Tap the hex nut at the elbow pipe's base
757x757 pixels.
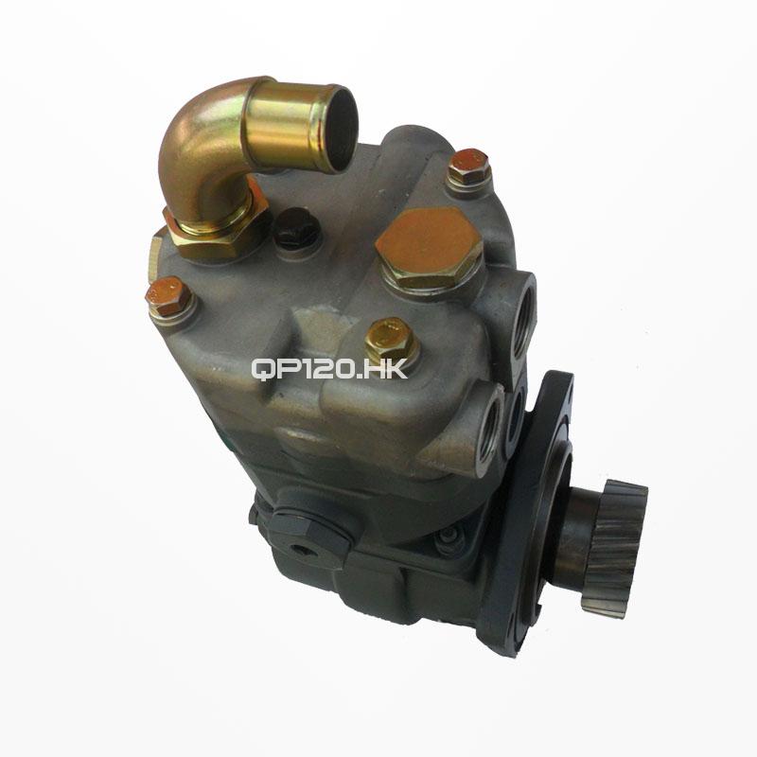[215, 232]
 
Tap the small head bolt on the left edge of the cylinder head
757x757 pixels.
[170, 298]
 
